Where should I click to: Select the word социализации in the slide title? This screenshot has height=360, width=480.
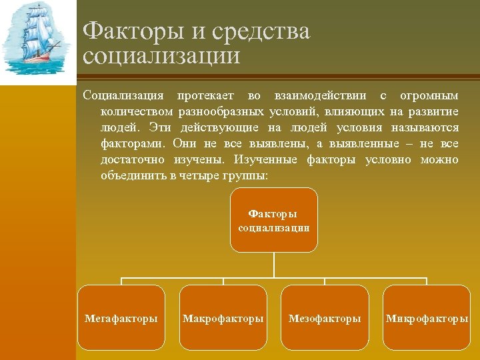tap(161, 55)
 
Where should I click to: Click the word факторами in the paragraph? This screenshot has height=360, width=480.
tap(133, 143)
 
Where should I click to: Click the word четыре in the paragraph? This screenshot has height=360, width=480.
tap(197, 176)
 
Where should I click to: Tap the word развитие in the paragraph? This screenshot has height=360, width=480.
tap(434, 111)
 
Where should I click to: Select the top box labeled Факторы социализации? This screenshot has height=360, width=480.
tap(273, 220)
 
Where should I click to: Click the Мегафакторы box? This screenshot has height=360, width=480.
tap(121, 318)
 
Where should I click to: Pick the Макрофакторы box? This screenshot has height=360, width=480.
tap(223, 318)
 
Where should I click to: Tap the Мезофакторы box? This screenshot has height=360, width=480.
tap(325, 318)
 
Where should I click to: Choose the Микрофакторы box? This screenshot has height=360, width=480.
tap(427, 318)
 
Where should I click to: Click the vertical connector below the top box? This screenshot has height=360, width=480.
tap(273, 265)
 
